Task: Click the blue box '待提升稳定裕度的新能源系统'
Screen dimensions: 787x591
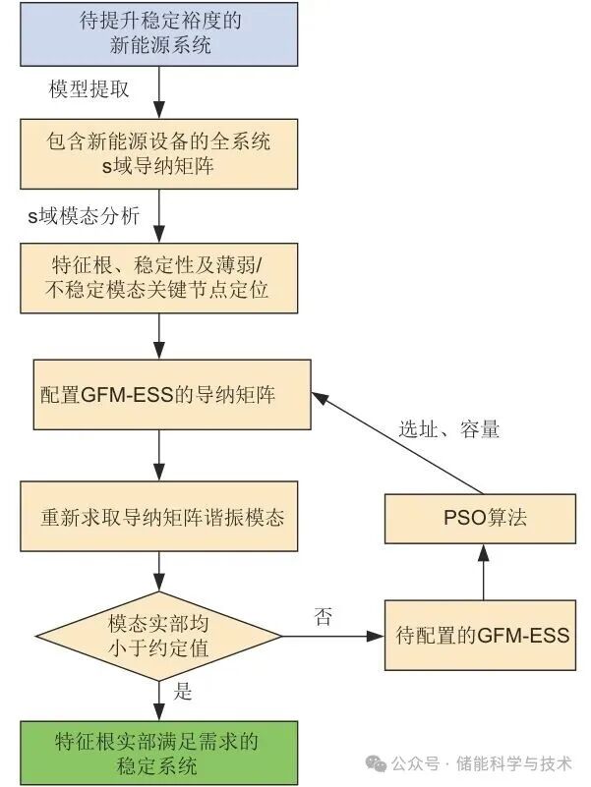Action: [x=158, y=33]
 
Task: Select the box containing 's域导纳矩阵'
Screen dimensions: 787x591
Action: [x=158, y=154]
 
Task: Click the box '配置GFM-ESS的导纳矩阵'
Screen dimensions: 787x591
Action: [x=158, y=396]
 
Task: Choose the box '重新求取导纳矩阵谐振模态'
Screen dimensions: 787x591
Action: [x=158, y=516]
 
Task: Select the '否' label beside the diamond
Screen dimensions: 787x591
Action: [x=323, y=617]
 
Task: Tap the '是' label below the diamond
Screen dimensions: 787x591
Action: [x=183, y=692]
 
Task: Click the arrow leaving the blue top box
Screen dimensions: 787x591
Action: [x=158, y=89]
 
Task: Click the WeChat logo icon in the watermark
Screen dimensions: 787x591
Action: [x=375, y=762]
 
